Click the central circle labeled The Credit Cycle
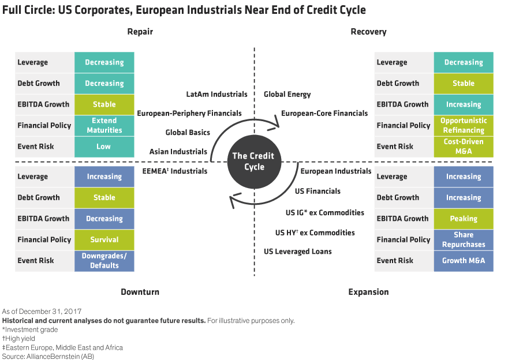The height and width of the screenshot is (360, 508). [x=253, y=162]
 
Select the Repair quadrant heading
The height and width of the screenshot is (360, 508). [x=140, y=32]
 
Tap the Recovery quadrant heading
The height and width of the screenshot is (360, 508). [x=368, y=32]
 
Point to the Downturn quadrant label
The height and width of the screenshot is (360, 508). [x=140, y=292]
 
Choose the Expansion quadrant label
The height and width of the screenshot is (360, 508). [x=368, y=292]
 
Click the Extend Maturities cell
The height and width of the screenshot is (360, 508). [x=104, y=125]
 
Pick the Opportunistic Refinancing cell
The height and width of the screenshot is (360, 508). [x=464, y=125]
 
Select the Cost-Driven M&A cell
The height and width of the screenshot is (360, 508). [x=464, y=147]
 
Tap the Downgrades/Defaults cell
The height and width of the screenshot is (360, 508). [x=104, y=261]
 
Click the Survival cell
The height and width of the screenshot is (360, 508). [x=104, y=239]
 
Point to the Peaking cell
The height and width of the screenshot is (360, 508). [x=464, y=219]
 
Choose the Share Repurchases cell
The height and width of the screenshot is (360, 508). [x=464, y=239]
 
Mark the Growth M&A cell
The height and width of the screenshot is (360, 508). [x=464, y=261]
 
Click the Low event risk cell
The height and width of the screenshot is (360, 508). [x=104, y=147]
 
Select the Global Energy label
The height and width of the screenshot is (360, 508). [x=287, y=94]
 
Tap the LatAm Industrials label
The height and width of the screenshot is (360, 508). [x=216, y=94]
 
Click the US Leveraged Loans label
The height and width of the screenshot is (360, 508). [x=298, y=252]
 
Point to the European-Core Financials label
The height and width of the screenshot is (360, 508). [x=324, y=113]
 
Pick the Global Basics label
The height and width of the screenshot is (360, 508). [x=188, y=132]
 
